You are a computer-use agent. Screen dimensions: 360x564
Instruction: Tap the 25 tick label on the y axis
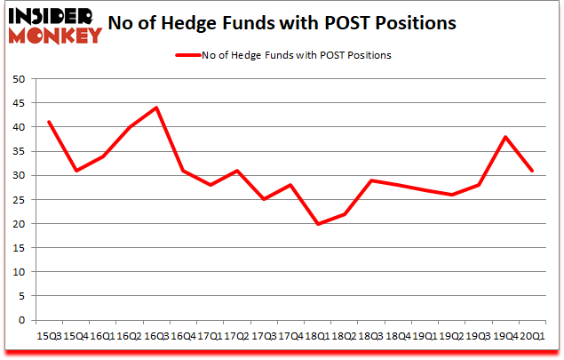[17, 200]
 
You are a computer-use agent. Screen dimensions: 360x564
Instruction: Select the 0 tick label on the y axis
[20, 320]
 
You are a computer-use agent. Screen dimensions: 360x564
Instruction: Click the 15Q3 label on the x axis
[49, 336]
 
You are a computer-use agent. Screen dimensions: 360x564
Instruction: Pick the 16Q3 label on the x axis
[155, 336]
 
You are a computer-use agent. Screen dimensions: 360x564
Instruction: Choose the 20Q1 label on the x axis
[530, 336]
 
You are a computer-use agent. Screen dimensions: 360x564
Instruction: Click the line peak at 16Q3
[155, 108]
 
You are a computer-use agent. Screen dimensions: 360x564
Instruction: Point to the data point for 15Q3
[49, 122]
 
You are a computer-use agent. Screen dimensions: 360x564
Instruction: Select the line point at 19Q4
[504, 137]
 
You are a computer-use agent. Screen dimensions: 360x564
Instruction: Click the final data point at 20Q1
[531, 171]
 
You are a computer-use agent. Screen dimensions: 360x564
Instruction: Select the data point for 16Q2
[130, 127]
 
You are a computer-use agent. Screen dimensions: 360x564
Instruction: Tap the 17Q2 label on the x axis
[236, 336]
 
